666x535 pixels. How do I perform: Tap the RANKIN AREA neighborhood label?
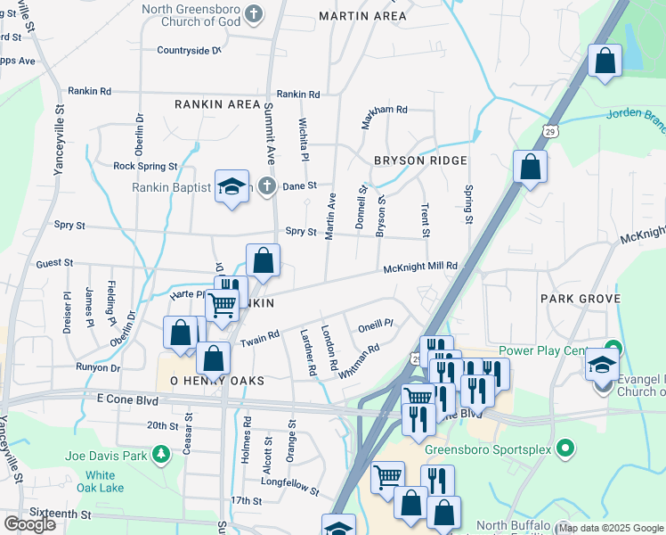(x=217, y=104)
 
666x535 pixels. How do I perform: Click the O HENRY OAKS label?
(x=211, y=381)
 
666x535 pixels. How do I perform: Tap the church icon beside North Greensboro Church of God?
(x=255, y=13)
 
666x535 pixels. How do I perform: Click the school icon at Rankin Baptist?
(x=231, y=187)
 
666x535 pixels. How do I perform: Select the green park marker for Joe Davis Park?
(x=161, y=457)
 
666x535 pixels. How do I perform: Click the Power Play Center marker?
(x=613, y=350)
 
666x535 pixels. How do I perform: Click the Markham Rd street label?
(x=385, y=110)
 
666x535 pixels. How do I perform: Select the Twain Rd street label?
(x=260, y=338)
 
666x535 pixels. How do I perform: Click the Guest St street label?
(x=54, y=264)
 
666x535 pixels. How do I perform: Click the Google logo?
(x=29, y=524)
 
